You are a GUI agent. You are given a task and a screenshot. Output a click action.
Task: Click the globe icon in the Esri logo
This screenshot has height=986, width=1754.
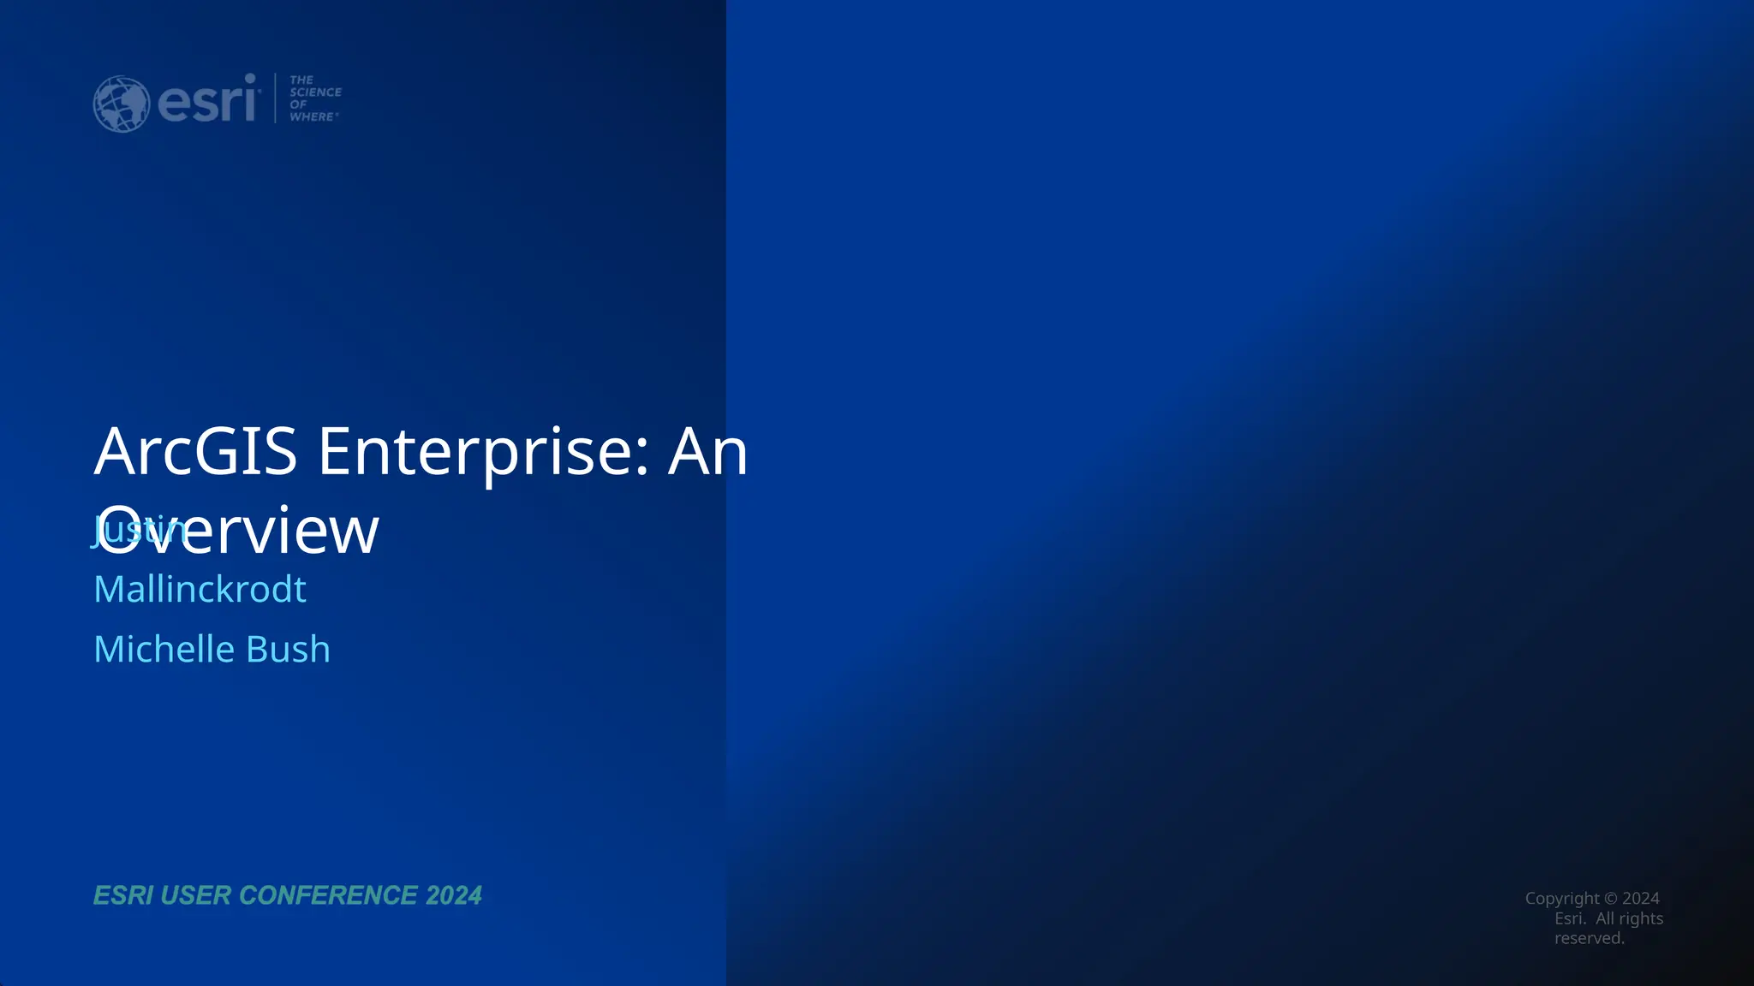tap(121, 104)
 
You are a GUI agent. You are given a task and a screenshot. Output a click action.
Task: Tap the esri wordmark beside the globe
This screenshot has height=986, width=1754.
tap(208, 101)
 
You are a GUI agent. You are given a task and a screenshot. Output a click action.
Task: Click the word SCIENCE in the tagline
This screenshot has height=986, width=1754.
tap(315, 92)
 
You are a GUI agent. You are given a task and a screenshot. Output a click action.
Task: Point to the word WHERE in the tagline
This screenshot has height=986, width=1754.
tap(312, 116)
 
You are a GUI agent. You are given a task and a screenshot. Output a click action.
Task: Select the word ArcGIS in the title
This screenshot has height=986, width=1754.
tap(195, 451)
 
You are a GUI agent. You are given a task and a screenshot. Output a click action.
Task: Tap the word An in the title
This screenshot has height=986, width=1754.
tap(707, 451)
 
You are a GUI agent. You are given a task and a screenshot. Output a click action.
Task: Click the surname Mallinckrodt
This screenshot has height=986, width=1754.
tap(200, 589)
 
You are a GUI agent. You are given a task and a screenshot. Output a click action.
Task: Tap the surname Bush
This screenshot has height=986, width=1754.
tap(288, 649)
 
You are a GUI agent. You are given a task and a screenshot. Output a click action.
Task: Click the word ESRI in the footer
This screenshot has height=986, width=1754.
tap(122, 895)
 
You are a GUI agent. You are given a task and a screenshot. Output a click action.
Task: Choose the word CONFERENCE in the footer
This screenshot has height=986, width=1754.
tap(328, 895)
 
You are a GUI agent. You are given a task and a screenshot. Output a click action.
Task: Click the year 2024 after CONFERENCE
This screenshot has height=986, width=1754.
tap(454, 895)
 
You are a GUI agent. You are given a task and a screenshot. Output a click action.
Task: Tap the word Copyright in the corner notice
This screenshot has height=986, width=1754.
tap(1562, 898)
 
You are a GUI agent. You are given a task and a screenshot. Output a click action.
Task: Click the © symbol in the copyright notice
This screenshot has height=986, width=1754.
tap(1610, 898)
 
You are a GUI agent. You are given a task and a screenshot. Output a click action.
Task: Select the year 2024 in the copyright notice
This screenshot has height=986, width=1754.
tap(1641, 898)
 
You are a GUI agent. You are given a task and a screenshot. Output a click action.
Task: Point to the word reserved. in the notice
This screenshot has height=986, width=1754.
tap(1590, 938)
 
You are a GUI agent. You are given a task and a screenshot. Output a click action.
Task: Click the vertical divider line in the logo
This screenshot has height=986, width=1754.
tap(275, 98)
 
